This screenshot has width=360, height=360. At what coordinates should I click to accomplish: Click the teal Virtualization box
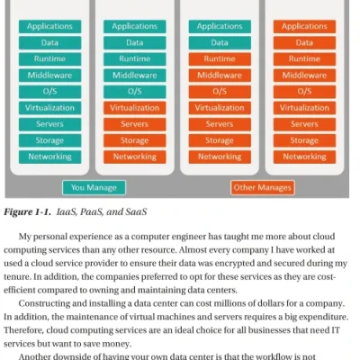(49, 107)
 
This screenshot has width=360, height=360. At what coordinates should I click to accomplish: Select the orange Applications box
(304, 26)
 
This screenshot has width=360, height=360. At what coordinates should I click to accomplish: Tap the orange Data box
(304, 42)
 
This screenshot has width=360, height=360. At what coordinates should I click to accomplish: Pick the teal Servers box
(49, 123)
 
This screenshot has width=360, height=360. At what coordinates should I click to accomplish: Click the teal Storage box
(49, 139)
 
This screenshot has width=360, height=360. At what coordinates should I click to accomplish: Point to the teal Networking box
(49, 156)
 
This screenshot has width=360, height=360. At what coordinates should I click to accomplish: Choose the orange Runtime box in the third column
(219, 58)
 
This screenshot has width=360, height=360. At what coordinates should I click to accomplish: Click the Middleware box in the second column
(134, 75)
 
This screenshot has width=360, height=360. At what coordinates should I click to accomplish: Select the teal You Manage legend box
(94, 187)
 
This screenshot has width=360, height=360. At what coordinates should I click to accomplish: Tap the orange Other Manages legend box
(262, 187)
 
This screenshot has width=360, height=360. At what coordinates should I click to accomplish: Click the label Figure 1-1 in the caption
(32, 212)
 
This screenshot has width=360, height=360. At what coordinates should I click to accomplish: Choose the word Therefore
(27, 331)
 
